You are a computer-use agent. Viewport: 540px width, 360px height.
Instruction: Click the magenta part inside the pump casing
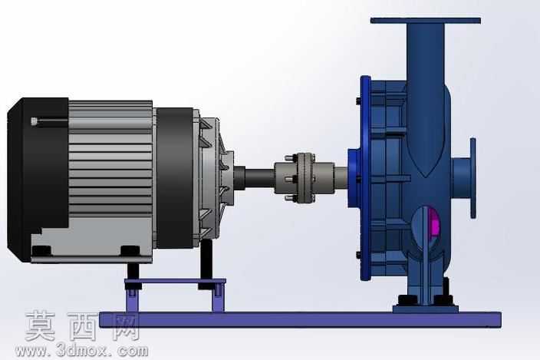pyautogui.click(x=435, y=222)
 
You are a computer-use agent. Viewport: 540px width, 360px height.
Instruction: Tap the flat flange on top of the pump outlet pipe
pyautogui.click(x=425, y=21)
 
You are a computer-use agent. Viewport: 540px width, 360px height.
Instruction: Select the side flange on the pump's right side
pyautogui.click(x=472, y=178)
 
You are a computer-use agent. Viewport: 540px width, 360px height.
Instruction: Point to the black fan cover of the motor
pyautogui.click(x=37, y=179)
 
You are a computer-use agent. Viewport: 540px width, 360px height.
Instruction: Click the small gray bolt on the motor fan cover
pyautogui.click(x=34, y=121)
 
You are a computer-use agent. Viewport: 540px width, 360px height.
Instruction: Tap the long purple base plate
pyautogui.click(x=300, y=319)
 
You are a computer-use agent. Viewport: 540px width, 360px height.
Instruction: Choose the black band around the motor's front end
pyautogui.click(x=174, y=178)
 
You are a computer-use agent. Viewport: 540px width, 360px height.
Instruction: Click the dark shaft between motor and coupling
pyautogui.click(x=259, y=177)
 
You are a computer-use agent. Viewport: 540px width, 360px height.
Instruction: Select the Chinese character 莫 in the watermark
pyautogui.click(x=40, y=325)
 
